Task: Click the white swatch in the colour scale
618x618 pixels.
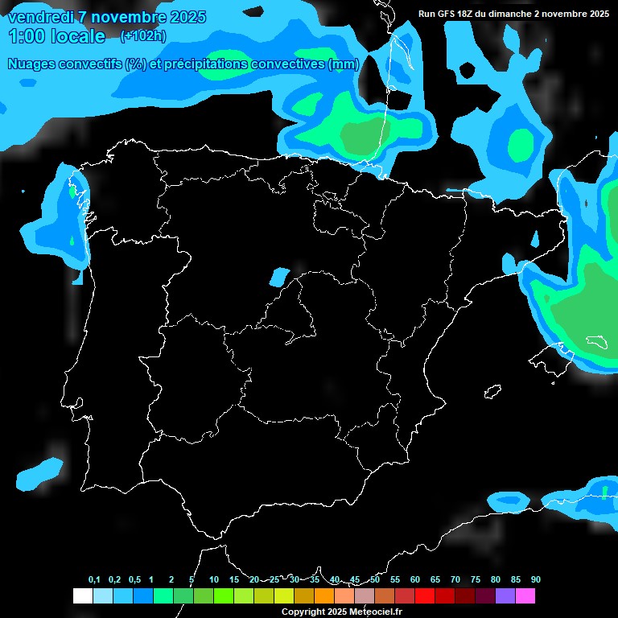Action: (x=82, y=596)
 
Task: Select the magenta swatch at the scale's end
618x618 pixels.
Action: (x=525, y=596)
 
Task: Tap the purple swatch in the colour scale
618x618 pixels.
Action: (x=505, y=596)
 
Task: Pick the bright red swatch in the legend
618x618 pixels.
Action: (x=424, y=596)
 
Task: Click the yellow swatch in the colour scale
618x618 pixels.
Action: (x=283, y=596)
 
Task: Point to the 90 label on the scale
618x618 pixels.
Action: (x=536, y=579)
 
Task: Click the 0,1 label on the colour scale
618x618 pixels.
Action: (x=94, y=579)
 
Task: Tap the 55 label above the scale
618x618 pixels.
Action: (x=395, y=579)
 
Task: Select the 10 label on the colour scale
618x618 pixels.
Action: (x=214, y=579)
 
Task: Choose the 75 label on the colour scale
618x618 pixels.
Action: (x=476, y=579)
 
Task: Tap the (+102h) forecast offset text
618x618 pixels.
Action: (x=142, y=35)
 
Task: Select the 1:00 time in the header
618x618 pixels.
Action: (x=28, y=36)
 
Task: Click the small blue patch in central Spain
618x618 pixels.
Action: (x=278, y=277)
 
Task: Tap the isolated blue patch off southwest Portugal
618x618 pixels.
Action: (x=39, y=473)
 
